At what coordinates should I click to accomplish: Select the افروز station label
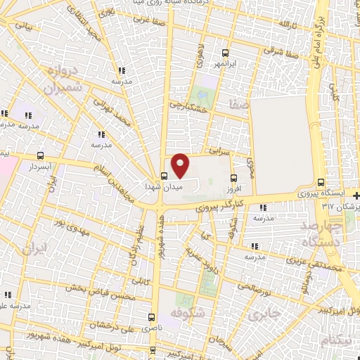(234, 189)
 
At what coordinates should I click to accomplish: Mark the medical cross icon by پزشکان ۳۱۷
(356, 195)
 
